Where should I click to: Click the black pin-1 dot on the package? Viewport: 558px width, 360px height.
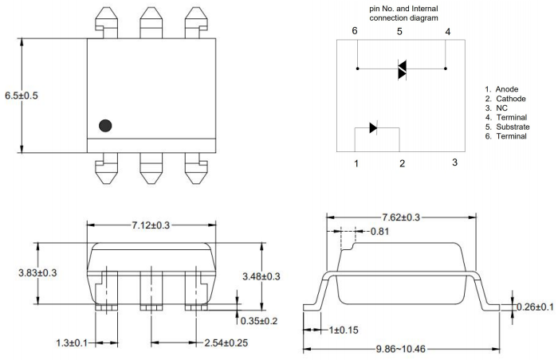[104, 125]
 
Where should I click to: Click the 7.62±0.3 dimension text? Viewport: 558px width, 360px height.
[402, 217]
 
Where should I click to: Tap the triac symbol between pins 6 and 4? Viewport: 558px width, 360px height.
[403, 70]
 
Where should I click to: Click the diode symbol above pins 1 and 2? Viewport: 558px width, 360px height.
[374, 128]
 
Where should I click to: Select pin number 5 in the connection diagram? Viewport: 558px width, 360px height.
[401, 31]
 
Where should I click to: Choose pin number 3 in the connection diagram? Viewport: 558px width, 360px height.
[454, 162]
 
